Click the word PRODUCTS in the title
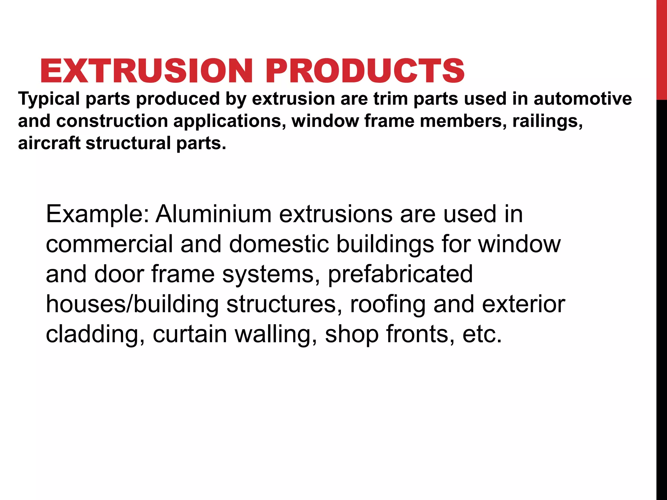point(365,71)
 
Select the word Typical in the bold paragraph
point(49,99)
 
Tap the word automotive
point(583,99)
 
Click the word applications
point(229,121)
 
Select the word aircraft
point(49,143)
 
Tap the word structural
point(128,143)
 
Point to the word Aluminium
point(213,214)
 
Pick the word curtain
point(190,335)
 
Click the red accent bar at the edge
point(661,49)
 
